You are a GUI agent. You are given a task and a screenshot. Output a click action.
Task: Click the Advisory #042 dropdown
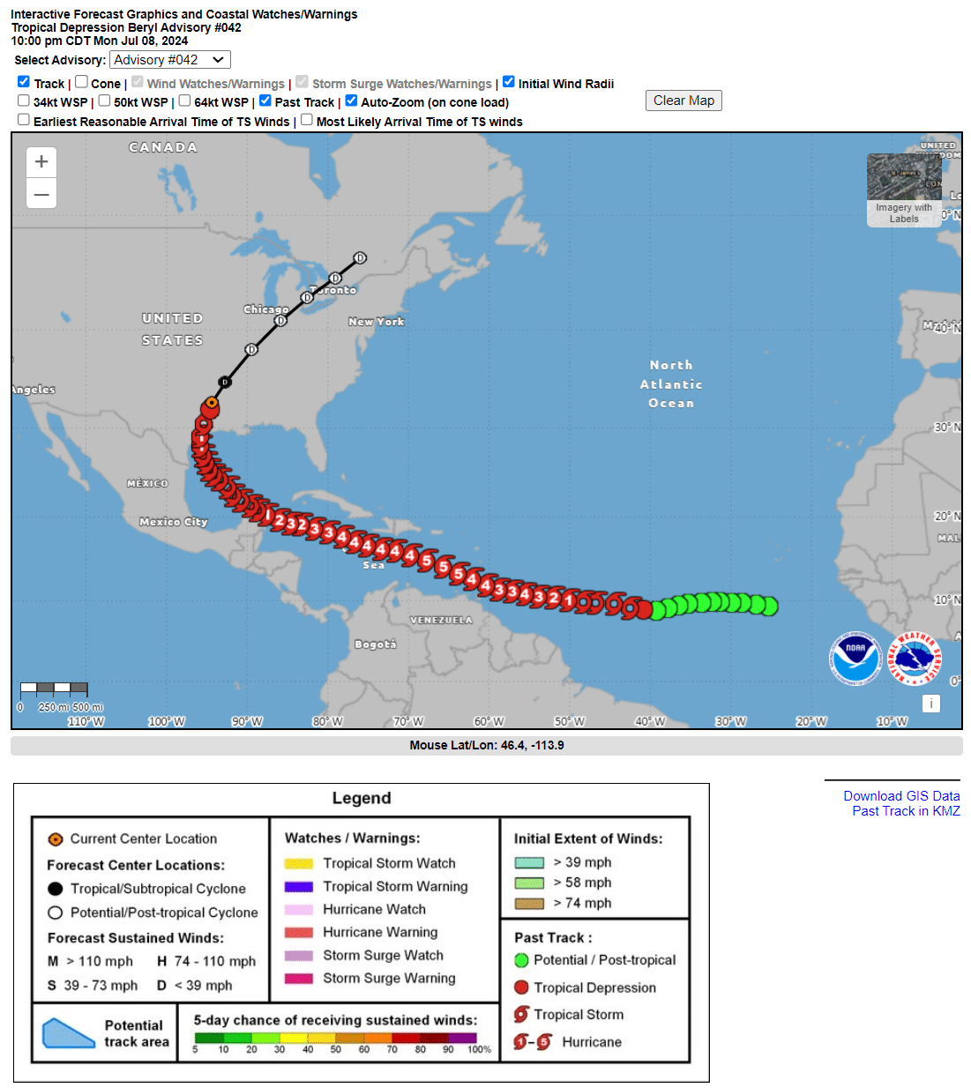tap(170, 60)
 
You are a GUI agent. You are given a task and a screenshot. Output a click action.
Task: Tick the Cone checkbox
tap(81, 82)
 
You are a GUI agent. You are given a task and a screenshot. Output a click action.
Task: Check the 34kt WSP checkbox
tap(24, 101)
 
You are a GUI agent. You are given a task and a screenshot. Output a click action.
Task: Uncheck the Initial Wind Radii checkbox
tap(509, 82)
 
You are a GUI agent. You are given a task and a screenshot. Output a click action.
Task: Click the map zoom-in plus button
tap(41, 162)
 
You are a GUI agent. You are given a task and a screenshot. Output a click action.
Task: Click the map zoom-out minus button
tap(41, 194)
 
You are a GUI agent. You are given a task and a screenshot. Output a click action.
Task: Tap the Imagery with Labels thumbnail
tap(904, 190)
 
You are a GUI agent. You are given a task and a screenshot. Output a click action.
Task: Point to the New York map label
tap(377, 322)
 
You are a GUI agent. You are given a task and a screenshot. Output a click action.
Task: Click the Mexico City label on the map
tap(174, 522)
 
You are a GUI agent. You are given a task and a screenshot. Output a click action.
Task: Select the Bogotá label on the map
tap(376, 645)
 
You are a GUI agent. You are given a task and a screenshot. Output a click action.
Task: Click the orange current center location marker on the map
tap(211, 404)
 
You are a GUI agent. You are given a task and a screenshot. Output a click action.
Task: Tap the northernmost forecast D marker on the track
tap(360, 258)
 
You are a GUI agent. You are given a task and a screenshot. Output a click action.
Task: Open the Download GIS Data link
tap(901, 796)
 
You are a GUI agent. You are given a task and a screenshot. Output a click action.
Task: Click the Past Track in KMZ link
tap(906, 811)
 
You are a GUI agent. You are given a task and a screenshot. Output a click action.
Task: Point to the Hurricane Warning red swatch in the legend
tap(299, 932)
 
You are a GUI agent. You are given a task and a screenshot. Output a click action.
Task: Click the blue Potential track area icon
tap(68, 1033)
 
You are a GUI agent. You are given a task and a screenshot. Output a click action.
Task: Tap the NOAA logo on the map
tap(855, 658)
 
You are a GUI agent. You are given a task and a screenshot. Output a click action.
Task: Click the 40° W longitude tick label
tap(650, 721)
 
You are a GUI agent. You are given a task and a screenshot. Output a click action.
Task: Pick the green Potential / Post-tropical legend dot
tap(521, 960)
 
